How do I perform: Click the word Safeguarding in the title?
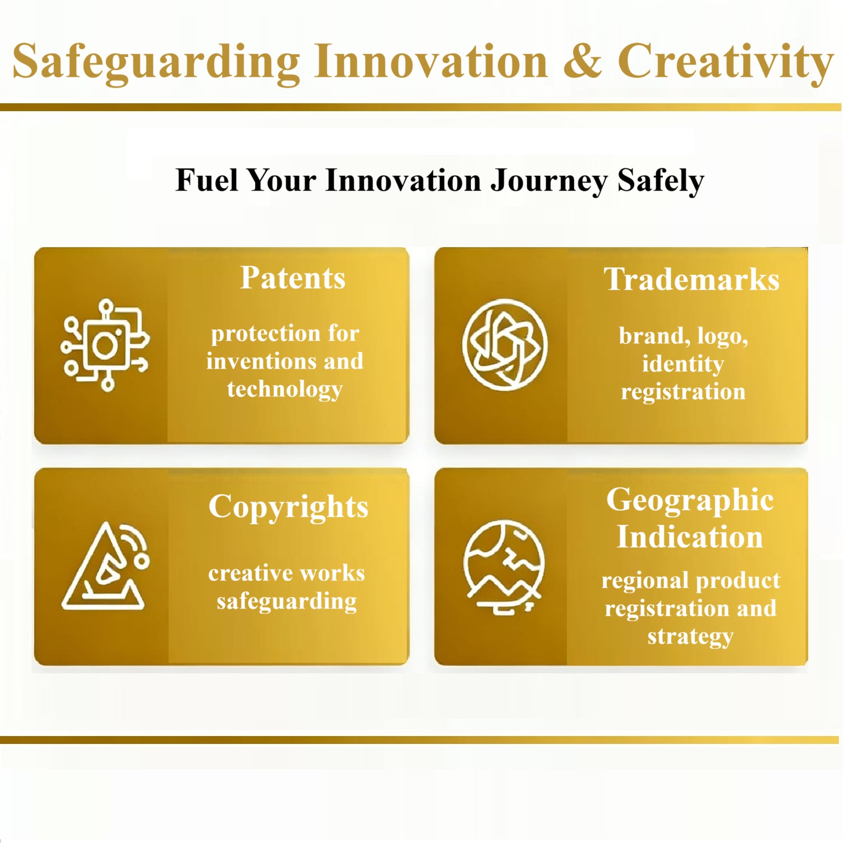point(155,62)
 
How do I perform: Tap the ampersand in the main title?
point(582,62)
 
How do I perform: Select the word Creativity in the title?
point(726,62)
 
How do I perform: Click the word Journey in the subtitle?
point(548,181)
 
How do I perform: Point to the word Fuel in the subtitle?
point(207,180)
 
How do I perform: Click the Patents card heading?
point(292,278)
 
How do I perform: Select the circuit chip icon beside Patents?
point(105,345)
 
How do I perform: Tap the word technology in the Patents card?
point(285,389)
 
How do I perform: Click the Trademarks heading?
point(691,279)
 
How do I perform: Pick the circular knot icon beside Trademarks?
point(505,345)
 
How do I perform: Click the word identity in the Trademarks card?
point(683,364)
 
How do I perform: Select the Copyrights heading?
point(288,507)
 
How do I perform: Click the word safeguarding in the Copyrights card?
point(287,601)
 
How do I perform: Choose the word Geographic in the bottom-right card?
point(690,499)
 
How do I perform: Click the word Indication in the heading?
point(690,537)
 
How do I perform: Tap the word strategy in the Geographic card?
point(690,636)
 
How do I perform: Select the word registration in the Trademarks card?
point(683,392)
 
